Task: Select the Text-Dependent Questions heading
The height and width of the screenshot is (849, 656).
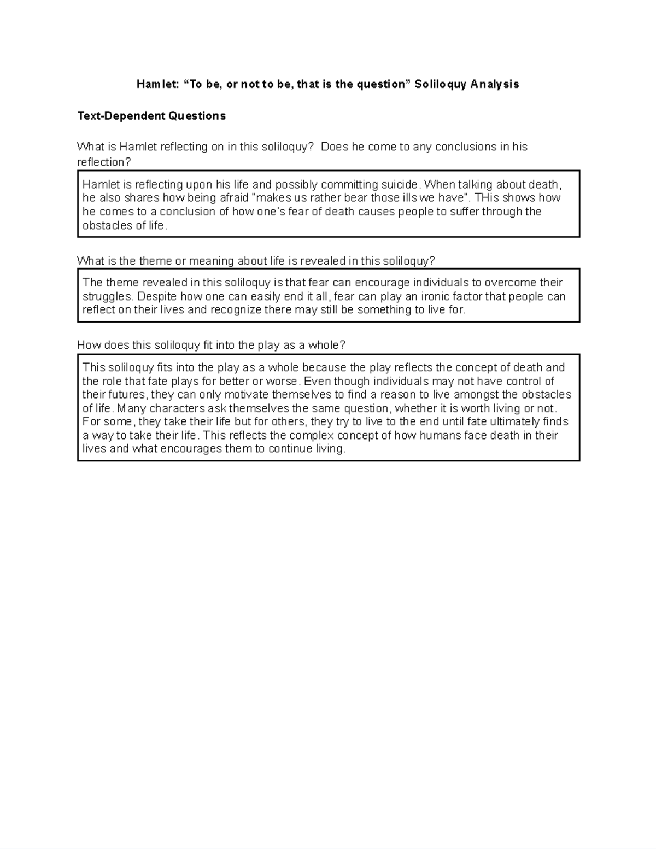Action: click(151, 116)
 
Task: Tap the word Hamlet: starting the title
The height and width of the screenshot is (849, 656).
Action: click(154, 84)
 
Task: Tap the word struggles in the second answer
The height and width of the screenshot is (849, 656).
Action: click(107, 296)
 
